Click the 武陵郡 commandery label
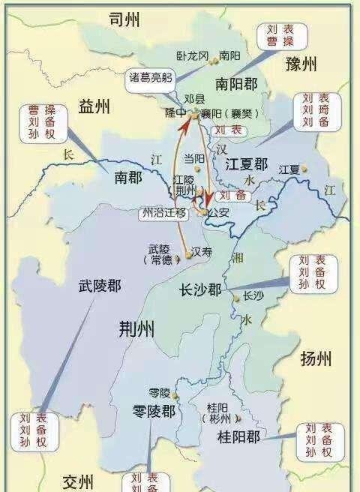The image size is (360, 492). tap(100, 286)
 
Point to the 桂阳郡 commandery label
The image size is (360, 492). tap(238, 436)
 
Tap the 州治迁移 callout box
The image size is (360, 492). tap(163, 212)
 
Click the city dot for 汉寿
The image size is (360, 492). tap(187, 256)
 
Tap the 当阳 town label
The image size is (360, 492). tap(194, 158)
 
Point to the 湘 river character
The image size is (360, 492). tap(238, 257)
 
